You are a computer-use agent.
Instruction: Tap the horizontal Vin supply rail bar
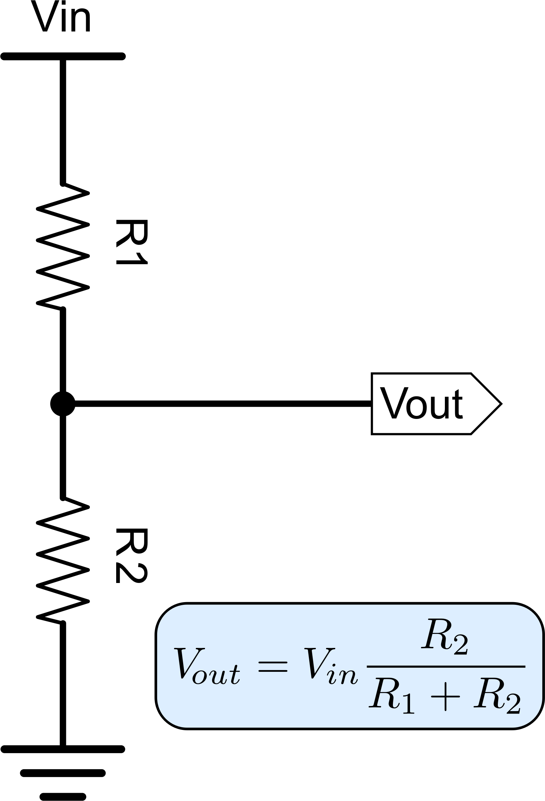63,56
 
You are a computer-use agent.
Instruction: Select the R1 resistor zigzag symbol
63,246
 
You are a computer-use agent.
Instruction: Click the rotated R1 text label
132,242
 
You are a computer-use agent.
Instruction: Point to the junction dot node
63,404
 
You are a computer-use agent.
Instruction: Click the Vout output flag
436,404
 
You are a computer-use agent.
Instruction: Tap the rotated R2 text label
132,556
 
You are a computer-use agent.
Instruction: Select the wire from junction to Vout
223,404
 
